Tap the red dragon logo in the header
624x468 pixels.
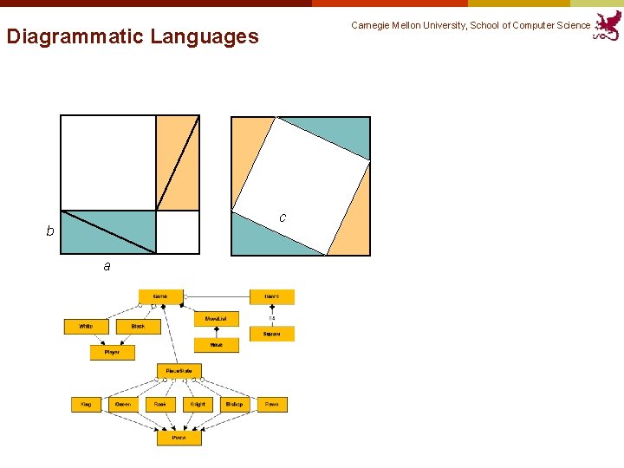pos(608,25)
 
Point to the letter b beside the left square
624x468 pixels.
pos(50,231)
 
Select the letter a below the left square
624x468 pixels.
pos(107,266)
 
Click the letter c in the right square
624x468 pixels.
pos(283,218)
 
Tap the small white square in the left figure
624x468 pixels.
pos(177,231)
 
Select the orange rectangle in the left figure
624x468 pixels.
pos(177,163)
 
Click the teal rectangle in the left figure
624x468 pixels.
pos(107,231)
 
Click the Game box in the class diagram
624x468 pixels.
pos(160,296)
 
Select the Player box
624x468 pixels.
pos(112,353)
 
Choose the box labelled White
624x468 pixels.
pos(86,327)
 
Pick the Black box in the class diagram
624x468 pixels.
pos(138,327)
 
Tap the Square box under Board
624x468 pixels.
pos(272,334)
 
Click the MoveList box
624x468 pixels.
pos(216,319)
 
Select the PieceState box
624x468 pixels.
pos(179,371)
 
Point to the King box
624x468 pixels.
pos(86,405)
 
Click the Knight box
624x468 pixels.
pos(198,405)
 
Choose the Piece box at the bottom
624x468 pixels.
pos(179,439)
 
